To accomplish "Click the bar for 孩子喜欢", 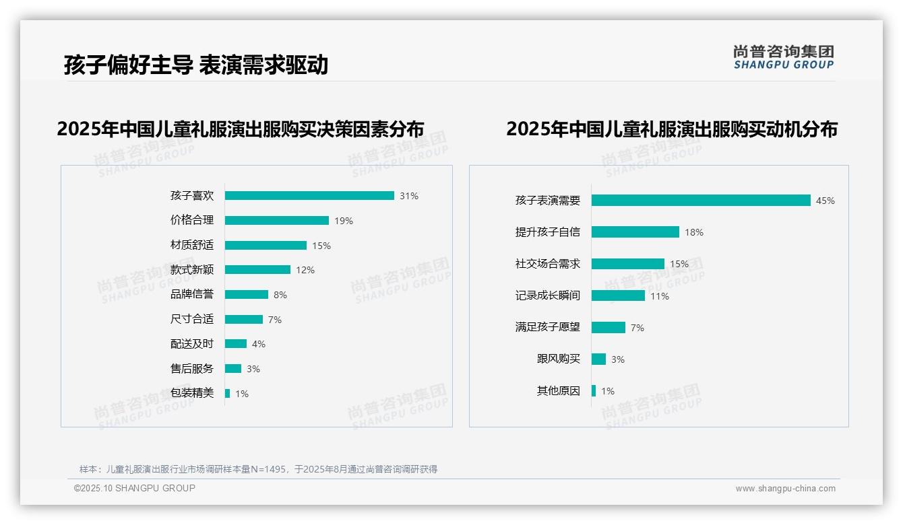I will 309,196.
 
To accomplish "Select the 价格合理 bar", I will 277,221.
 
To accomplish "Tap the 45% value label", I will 825,201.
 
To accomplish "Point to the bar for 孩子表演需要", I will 701,201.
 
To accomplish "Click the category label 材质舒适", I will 192,245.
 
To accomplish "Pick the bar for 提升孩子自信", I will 635,232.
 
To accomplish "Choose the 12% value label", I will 305,270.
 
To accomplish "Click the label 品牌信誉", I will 192,294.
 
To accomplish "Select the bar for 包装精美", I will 227,393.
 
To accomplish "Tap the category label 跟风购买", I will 558,359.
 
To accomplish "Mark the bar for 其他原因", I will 594,390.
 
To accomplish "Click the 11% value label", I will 660,296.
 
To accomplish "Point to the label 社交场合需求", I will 547,264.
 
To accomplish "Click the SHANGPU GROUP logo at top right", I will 783,57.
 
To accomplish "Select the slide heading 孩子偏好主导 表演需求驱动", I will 196,65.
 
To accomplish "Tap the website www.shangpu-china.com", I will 785,489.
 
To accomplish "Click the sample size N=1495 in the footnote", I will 264,469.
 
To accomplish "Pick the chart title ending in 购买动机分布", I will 671,129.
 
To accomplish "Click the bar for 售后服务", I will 233,369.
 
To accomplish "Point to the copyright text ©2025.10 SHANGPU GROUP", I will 134,488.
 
